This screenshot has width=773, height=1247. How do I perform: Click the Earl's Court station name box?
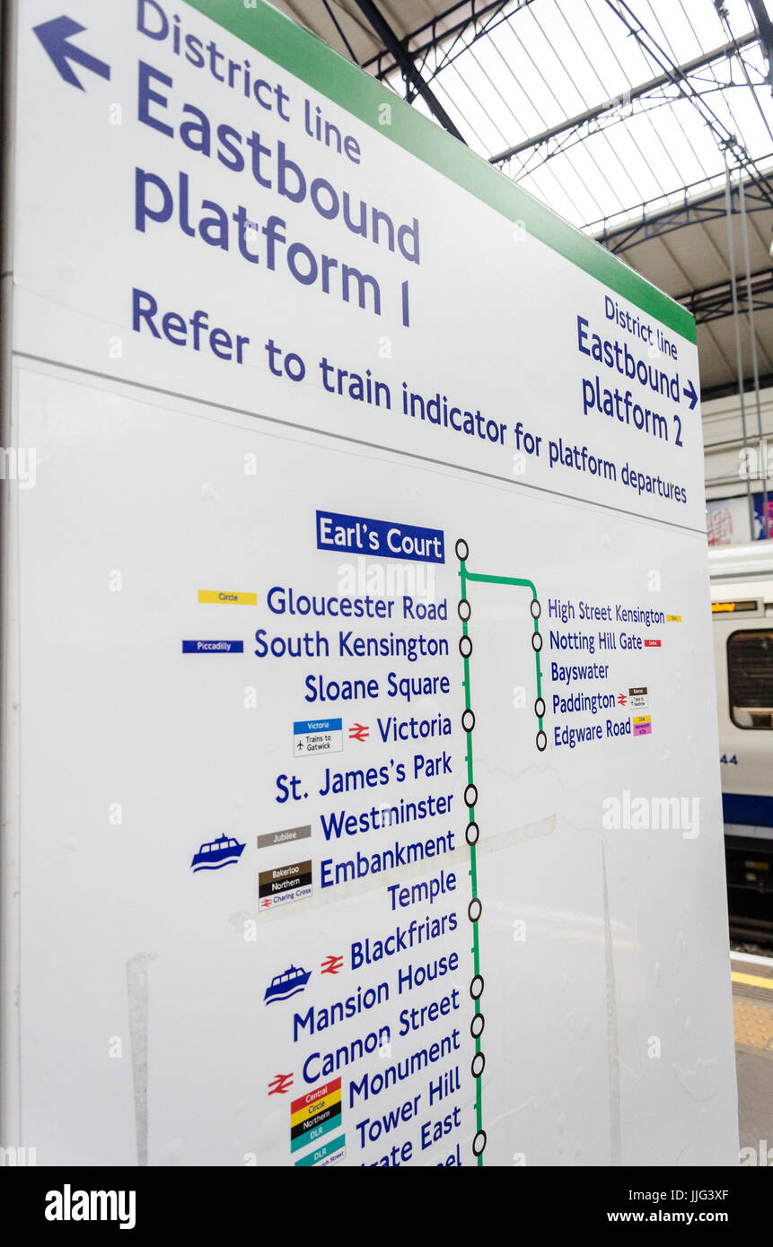click(x=380, y=537)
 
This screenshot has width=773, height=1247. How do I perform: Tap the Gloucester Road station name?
click(x=356, y=603)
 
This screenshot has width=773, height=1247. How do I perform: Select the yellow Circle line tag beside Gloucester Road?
click(x=226, y=597)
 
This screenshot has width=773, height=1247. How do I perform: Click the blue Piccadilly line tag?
click(x=213, y=646)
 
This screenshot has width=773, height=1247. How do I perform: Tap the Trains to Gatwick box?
click(x=317, y=737)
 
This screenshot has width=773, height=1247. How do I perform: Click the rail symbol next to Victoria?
click(x=359, y=732)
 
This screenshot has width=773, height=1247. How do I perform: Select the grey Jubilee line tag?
click(x=284, y=836)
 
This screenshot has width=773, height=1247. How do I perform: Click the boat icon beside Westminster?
click(x=217, y=852)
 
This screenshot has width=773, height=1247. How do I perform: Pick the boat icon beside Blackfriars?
click(x=286, y=984)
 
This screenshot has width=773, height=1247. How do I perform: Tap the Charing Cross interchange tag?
click(x=285, y=897)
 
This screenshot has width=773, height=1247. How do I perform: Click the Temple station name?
click(x=422, y=892)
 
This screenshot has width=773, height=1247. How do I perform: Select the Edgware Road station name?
click(x=592, y=731)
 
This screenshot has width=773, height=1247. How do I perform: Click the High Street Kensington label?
click(x=606, y=613)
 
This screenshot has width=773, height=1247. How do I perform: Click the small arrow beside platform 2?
click(x=690, y=393)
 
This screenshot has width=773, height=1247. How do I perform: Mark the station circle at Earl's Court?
click(x=461, y=549)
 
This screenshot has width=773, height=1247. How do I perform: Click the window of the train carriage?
click(x=750, y=677)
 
